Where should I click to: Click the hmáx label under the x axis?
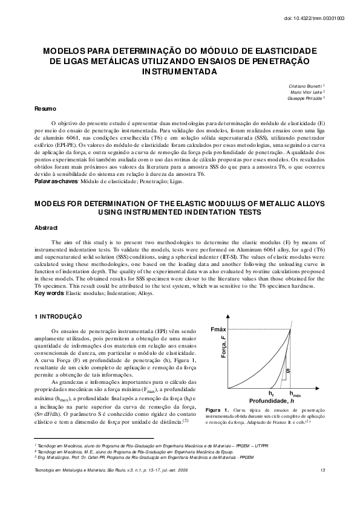(x=297, y=394)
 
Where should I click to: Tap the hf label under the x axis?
(x=271, y=394)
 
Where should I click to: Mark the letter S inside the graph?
(x=287, y=370)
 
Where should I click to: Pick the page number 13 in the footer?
(x=324, y=470)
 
